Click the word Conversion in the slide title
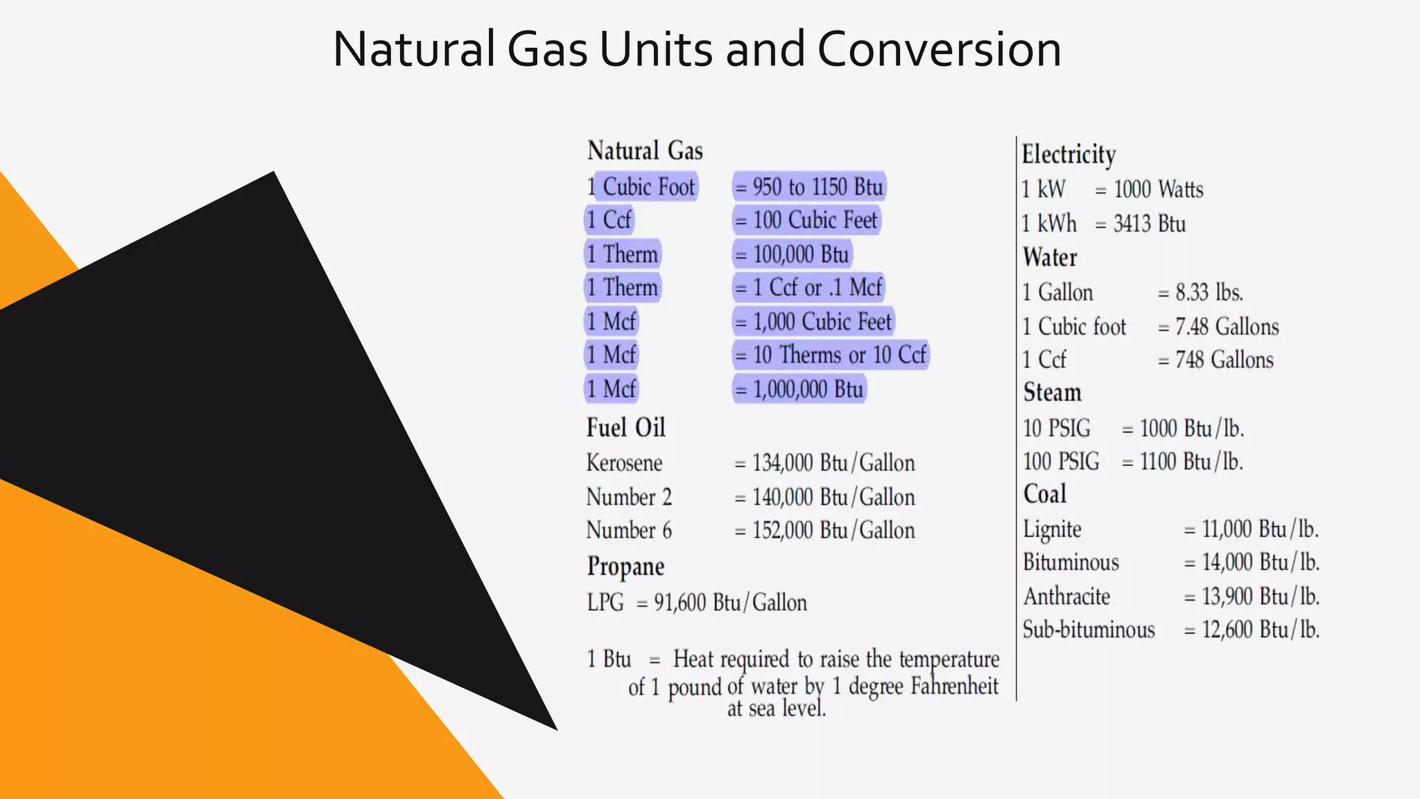939,50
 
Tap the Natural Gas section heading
645,151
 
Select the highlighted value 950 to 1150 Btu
809,187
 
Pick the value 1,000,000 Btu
800,389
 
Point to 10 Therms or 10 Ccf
831,355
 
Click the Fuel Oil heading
625,427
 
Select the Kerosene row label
624,463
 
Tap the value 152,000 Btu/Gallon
825,531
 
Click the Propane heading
625,567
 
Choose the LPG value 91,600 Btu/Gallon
730,603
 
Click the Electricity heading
1068,154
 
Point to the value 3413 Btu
1149,224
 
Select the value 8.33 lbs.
1209,293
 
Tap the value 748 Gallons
1224,360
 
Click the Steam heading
1052,393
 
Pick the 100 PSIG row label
1061,462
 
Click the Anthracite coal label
1066,596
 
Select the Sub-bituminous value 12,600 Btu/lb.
1260,630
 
